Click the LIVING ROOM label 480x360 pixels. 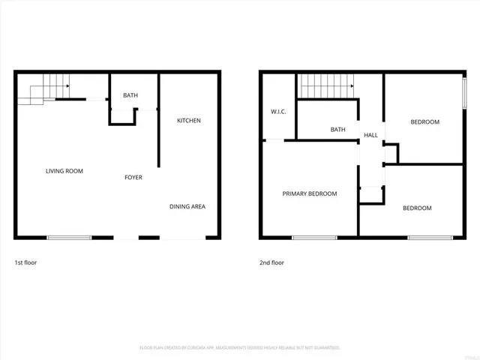click(x=64, y=171)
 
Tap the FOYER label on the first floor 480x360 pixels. click(x=133, y=178)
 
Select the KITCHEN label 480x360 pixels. click(x=188, y=121)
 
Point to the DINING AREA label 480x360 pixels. click(x=187, y=207)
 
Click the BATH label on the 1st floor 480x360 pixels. click(x=130, y=95)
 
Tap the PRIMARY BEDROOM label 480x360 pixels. click(x=309, y=193)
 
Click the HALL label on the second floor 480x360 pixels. click(x=370, y=135)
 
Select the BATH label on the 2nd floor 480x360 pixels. click(x=337, y=130)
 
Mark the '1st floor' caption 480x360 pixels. click(x=25, y=263)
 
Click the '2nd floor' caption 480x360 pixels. click(x=271, y=263)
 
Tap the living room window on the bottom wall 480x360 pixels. click(x=69, y=238)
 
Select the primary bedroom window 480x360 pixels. click(x=313, y=238)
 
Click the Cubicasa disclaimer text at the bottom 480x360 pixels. click(x=240, y=348)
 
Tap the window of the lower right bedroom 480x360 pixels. click(x=430, y=238)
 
